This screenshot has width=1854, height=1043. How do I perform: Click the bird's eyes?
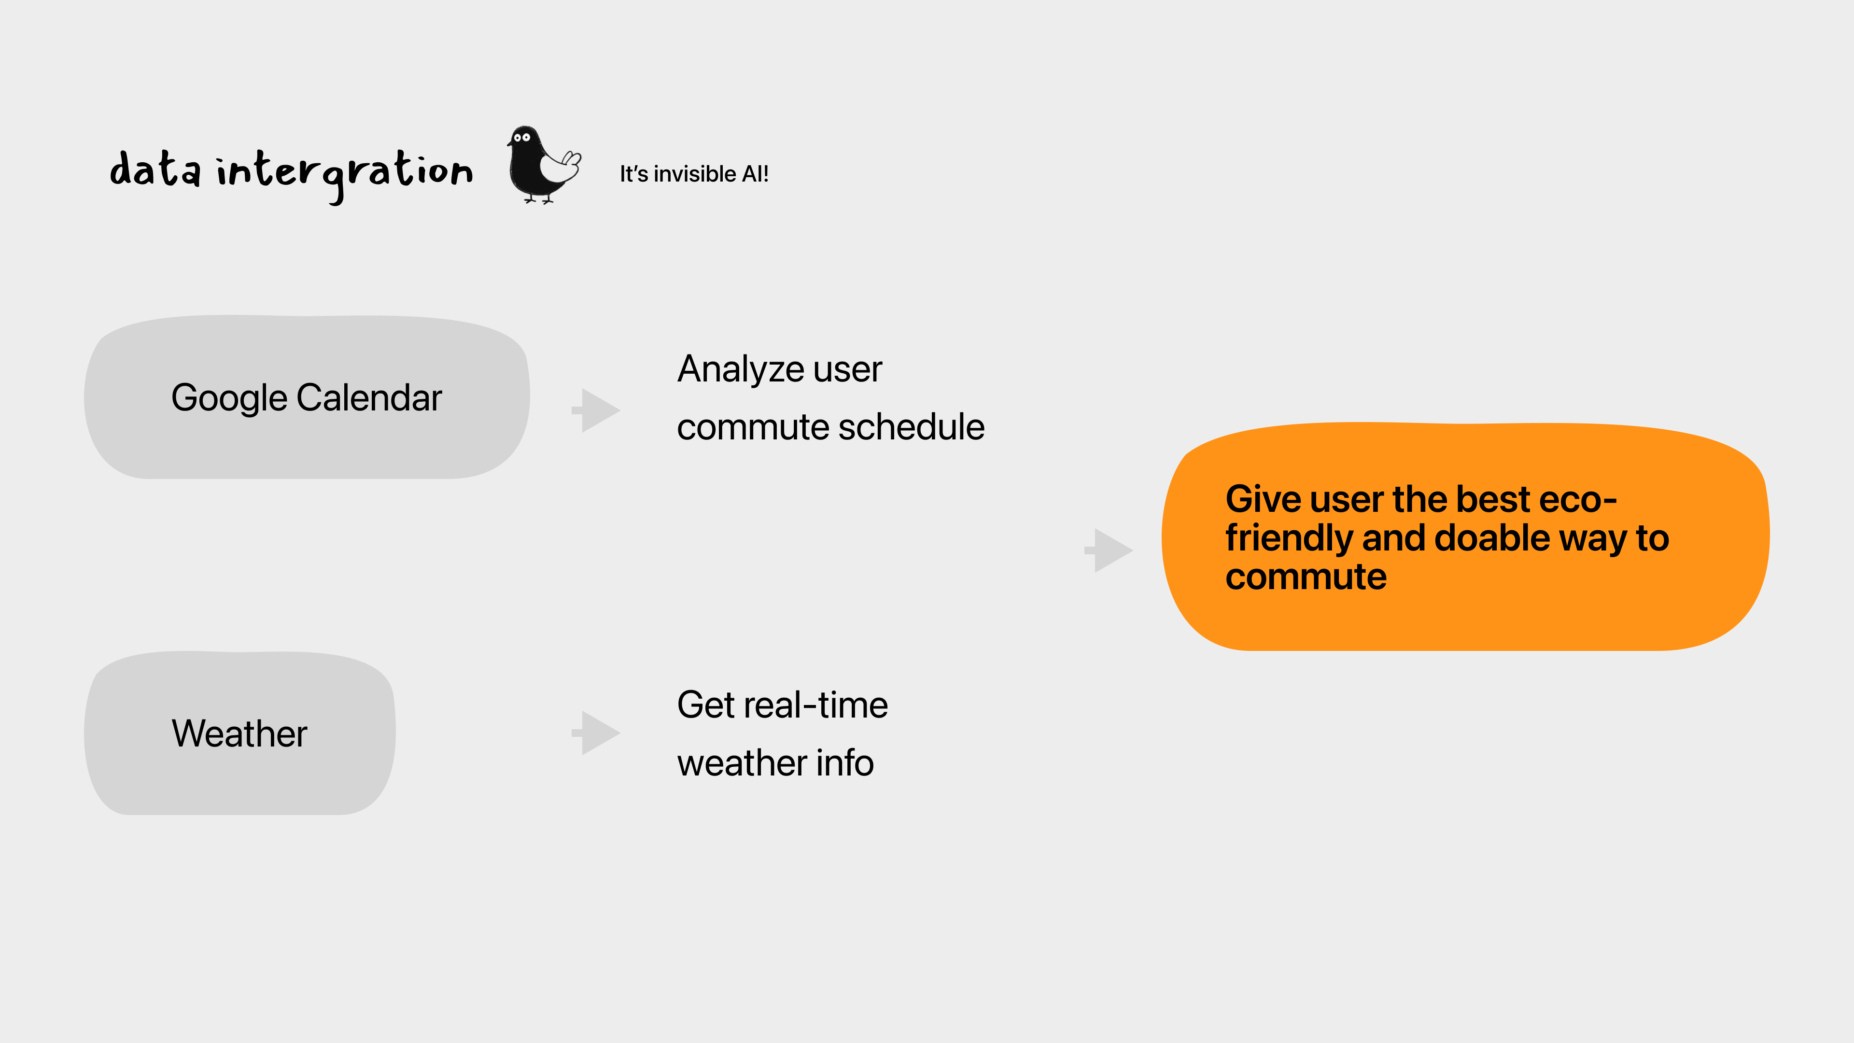point(522,137)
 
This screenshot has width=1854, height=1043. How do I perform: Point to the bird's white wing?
point(561,168)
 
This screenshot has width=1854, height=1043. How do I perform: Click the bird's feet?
point(538,199)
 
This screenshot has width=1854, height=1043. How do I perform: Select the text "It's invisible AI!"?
point(694,174)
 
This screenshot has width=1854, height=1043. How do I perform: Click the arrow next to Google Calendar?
point(597,410)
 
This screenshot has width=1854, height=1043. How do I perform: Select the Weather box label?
point(239,733)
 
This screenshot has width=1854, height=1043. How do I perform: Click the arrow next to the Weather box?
point(597,733)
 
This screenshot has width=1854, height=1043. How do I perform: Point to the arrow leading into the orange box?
point(1110,550)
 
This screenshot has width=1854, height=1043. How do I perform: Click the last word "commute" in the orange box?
point(1306,578)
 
